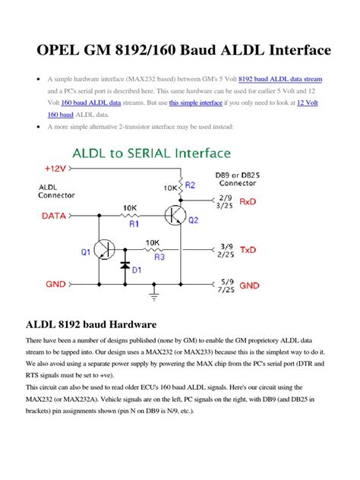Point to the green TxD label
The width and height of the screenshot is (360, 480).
click(249, 250)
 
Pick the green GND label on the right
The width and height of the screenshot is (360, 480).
click(250, 286)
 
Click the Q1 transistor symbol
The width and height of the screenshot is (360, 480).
click(101, 251)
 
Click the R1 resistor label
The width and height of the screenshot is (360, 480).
click(134, 225)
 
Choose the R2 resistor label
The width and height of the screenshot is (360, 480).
click(190, 185)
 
